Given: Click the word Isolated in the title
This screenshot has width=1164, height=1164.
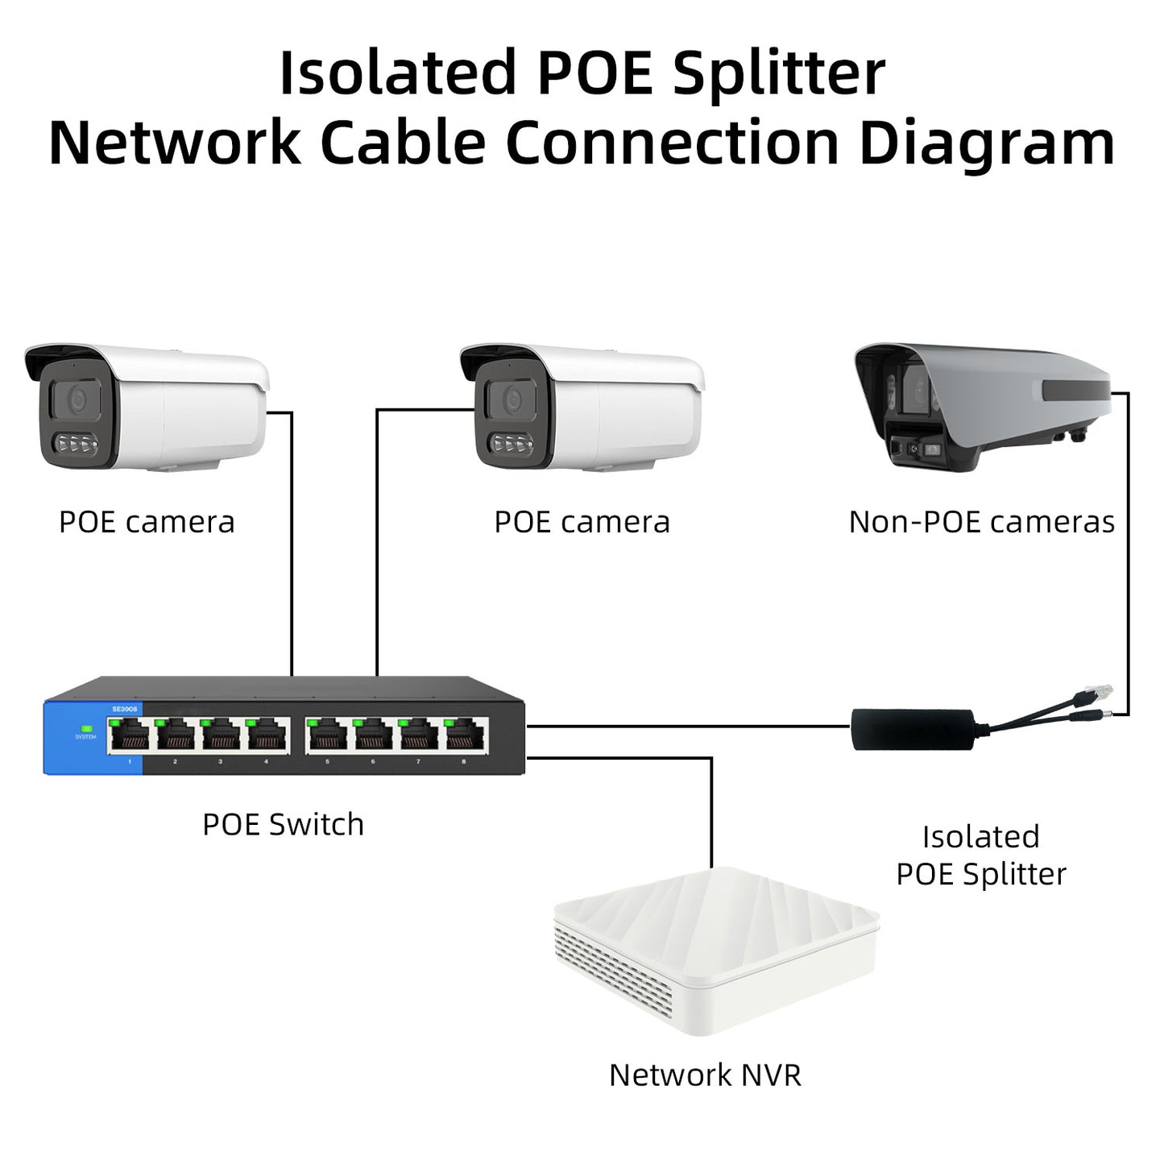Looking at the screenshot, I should point(396,73).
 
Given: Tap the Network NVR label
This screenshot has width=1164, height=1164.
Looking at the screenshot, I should point(705,1075).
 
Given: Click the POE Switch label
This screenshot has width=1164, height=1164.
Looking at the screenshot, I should point(283,824).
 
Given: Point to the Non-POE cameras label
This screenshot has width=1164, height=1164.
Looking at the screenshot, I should point(981,522).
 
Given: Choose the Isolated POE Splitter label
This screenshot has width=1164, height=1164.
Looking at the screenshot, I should point(981,855).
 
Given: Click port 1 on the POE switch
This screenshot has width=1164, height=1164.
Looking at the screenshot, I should point(130,735).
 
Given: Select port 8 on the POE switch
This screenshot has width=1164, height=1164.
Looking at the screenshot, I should point(464,735).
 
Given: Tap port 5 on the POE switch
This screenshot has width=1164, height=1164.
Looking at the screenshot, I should point(327,735).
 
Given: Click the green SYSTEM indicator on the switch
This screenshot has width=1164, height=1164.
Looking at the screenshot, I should point(85,728).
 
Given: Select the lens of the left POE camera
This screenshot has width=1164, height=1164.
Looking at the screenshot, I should point(77,398).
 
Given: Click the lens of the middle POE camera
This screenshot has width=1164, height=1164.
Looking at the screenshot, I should point(512,398).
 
